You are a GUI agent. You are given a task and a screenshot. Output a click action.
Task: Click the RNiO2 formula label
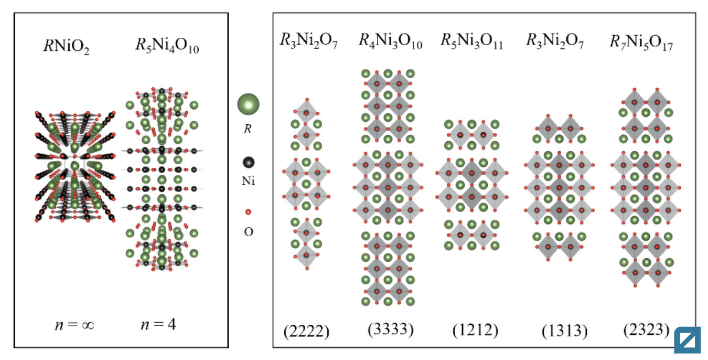coord(67,47)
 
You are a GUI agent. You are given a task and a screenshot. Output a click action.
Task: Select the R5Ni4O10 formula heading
coord(167,45)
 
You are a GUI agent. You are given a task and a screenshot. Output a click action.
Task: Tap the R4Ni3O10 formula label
coord(390,41)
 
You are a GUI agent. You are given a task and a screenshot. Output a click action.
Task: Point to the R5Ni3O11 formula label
coord(471,41)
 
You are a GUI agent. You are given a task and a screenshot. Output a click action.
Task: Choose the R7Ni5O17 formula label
coord(641,43)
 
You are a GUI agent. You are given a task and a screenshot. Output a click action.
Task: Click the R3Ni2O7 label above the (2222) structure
coord(308,40)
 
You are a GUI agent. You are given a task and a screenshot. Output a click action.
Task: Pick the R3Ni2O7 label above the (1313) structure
coord(555,41)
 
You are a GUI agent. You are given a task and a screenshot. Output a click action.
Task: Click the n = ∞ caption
coord(74,325)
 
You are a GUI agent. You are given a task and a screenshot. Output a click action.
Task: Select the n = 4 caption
coord(158,324)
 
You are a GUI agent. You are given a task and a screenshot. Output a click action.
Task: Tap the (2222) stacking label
coord(306,332)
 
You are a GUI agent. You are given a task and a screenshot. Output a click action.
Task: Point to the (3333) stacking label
coord(390,330)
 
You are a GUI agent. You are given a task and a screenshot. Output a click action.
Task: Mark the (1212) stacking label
coord(475,331)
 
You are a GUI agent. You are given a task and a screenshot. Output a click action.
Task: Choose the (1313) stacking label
coord(564,331)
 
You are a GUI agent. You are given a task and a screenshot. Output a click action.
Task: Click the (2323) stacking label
coord(646,330)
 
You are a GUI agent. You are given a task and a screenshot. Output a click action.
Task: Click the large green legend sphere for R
coord(249,104)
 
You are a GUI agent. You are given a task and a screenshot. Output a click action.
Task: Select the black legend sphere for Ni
coord(249,162)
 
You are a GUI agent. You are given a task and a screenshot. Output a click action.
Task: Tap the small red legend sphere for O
coord(249,211)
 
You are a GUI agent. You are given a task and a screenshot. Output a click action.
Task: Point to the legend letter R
coord(248,129)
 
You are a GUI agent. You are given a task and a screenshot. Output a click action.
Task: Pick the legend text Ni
coord(248,181)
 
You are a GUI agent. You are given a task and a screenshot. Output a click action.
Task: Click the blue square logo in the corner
coord(688,341)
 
